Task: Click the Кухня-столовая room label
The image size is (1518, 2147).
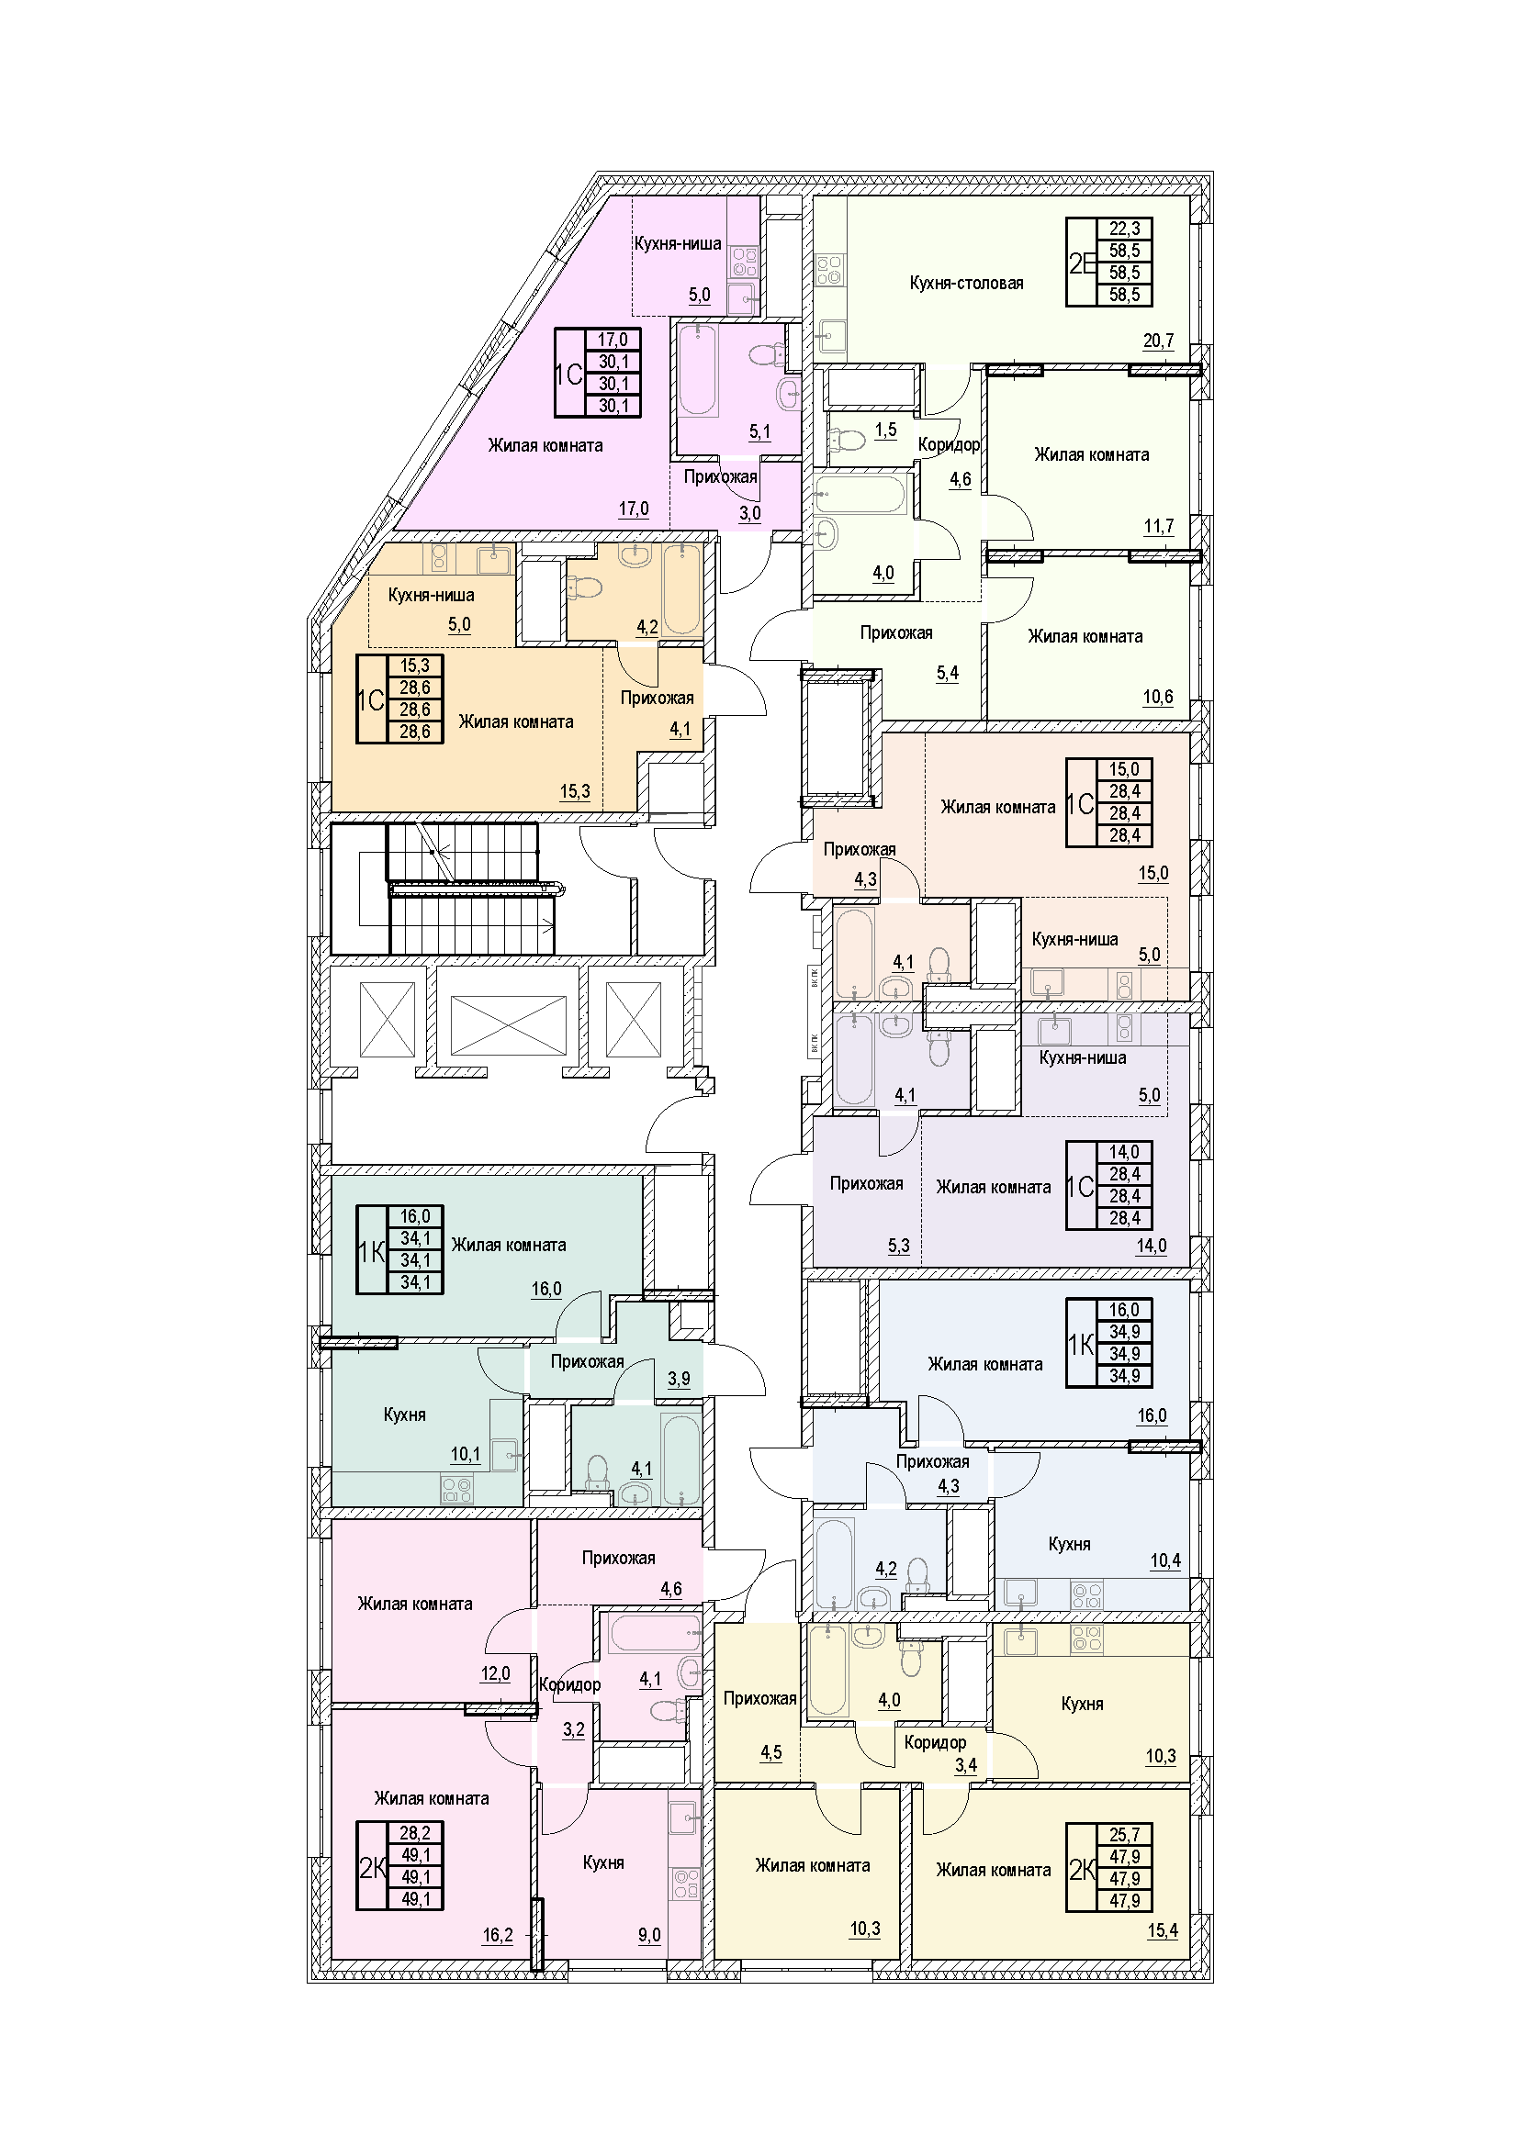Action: coord(966,284)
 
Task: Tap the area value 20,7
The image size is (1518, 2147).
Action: coord(1158,341)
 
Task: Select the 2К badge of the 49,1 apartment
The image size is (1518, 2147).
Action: coord(373,1868)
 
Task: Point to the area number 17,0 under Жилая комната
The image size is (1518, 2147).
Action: coord(634,509)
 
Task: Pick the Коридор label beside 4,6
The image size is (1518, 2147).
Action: coord(949,445)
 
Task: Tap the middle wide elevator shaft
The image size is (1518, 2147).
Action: coord(508,1025)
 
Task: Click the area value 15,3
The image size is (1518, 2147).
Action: coord(575,791)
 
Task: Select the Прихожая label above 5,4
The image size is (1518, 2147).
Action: coord(896,633)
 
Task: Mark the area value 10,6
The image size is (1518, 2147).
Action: coord(1158,697)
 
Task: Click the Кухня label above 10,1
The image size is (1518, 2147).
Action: coord(404,1415)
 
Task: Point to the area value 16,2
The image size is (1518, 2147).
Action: coord(498,1935)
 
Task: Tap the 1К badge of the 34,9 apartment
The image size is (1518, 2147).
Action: coord(1081,1345)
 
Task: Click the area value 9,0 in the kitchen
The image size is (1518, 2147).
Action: coord(649,1935)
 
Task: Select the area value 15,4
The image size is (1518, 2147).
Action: coord(1163,1930)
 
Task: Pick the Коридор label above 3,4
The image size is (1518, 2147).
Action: coord(935,1742)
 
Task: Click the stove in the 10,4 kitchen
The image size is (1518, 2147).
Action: coord(1086,1593)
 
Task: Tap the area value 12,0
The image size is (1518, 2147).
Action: coord(496,1673)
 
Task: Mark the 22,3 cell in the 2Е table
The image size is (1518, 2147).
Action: coord(1124,229)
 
